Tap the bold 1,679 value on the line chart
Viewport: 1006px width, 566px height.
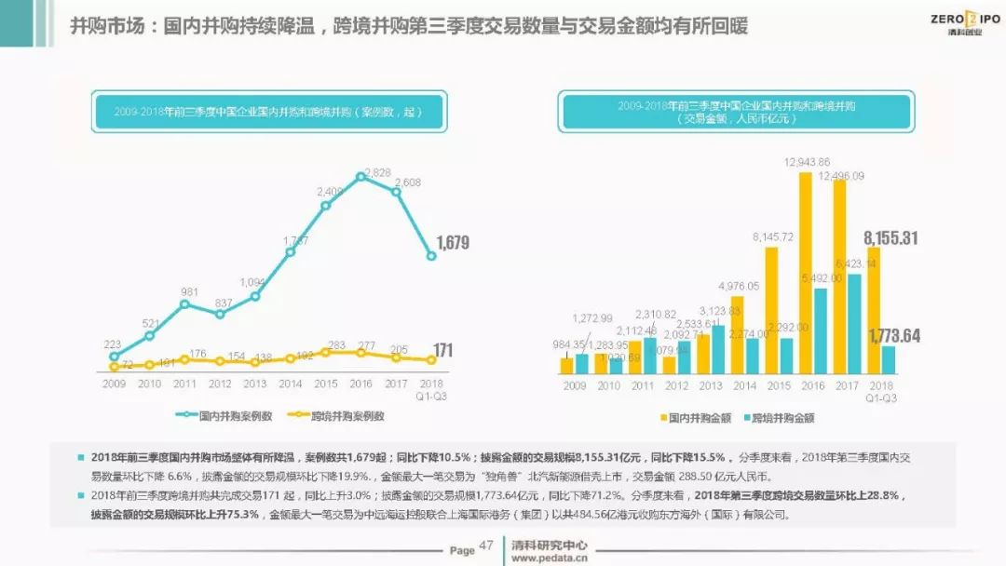451,243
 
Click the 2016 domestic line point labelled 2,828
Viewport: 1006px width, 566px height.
360,176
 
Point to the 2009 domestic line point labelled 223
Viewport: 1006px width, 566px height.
114,356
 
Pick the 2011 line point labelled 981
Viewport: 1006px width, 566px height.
184,303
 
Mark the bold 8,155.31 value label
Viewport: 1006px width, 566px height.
890,237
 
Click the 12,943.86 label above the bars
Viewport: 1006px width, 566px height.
807,162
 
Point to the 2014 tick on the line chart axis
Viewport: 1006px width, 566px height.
290,384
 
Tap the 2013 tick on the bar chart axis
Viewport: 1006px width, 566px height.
711,385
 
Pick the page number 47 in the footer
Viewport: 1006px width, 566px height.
485,546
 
